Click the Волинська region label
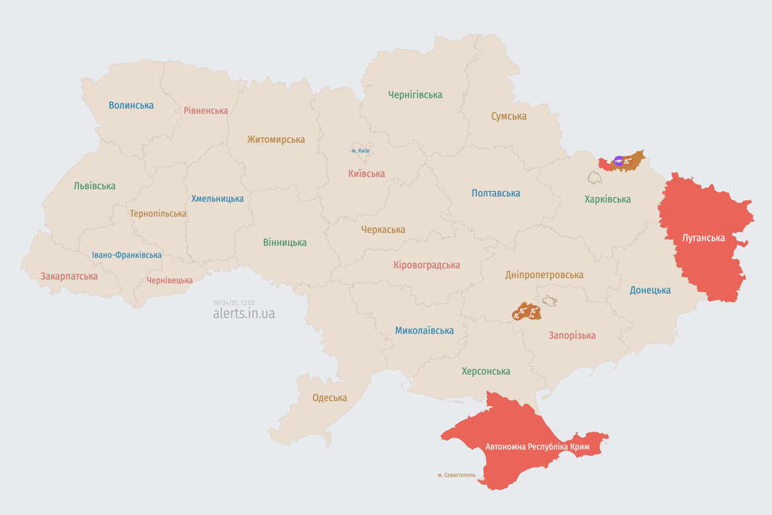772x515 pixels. click(x=131, y=105)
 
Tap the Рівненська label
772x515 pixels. click(x=206, y=111)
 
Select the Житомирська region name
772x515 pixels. click(x=276, y=139)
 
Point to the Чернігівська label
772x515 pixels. click(x=415, y=95)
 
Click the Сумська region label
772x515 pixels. click(x=509, y=116)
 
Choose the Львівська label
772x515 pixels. click(x=94, y=186)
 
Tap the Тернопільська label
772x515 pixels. click(x=158, y=214)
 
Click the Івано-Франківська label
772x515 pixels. click(x=127, y=255)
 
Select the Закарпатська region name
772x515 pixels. click(x=69, y=276)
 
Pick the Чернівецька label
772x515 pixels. click(x=170, y=280)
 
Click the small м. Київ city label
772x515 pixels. click(x=361, y=151)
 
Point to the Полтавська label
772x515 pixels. click(x=496, y=193)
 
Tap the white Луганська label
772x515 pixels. click(x=704, y=237)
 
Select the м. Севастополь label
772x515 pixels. click(x=456, y=475)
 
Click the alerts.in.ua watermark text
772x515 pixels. click(x=244, y=314)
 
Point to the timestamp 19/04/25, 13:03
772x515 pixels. click(x=234, y=303)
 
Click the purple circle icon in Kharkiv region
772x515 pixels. click(x=619, y=161)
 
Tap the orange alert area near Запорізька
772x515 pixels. click(x=527, y=312)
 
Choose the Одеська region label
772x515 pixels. click(x=330, y=398)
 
